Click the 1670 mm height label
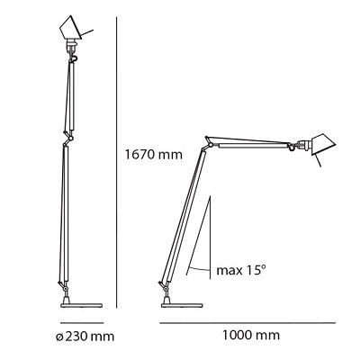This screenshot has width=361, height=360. (x=153, y=155)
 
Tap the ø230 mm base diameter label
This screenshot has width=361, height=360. (x=86, y=337)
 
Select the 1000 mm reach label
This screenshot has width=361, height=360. (x=250, y=335)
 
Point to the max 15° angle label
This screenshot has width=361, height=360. (x=241, y=270)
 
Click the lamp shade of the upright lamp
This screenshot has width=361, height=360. (x=70, y=29)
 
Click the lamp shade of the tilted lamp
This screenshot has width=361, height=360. (x=322, y=144)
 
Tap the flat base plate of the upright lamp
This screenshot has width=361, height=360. (x=81, y=305)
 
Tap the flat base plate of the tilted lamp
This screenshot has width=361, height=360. (x=182, y=305)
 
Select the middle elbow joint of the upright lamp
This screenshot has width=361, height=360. (x=69, y=138)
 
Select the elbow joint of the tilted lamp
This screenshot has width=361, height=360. (x=210, y=144)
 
